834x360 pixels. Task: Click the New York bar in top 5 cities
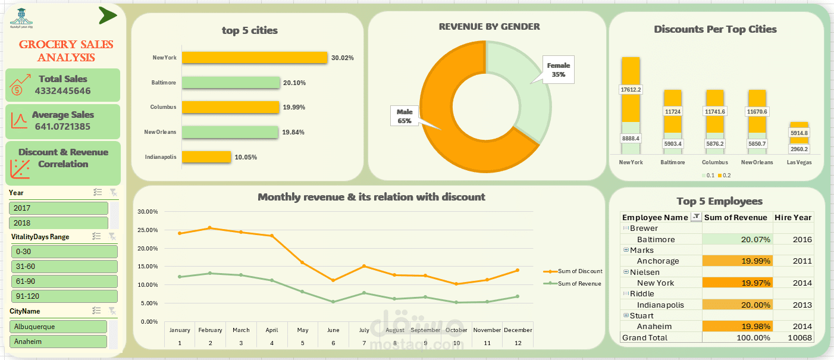(255, 57)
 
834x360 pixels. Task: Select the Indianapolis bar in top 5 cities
(206, 156)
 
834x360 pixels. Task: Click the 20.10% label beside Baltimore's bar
(294, 83)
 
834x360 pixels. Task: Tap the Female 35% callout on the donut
(558, 70)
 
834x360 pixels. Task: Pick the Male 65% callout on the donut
(405, 116)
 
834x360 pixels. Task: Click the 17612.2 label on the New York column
(631, 90)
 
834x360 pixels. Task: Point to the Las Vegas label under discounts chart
(799, 162)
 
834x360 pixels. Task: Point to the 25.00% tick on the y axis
(147, 230)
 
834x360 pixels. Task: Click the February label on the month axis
(210, 330)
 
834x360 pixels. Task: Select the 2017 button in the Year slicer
(58, 208)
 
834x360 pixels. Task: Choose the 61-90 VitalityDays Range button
(64, 281)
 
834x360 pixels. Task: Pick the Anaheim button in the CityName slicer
(58, 342)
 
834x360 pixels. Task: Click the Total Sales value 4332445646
(62, 91)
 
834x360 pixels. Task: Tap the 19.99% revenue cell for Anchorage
(737, 261)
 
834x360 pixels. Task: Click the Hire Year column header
(793, 217)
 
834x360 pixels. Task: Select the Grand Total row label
(644, 337)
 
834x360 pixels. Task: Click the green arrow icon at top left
(107, 16)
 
